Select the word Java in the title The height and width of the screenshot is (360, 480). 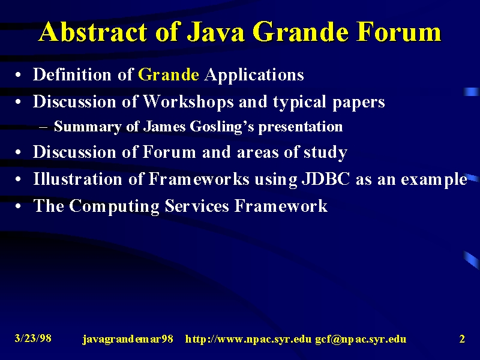(215, 32)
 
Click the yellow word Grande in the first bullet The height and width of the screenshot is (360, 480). (169, 74)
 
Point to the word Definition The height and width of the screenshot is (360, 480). (72, 74)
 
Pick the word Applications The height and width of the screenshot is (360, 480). (254, 75)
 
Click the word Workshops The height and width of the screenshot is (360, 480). (188, 101)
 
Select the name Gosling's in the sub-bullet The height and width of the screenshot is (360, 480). (222, 127)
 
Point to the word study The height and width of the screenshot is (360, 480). (325, 152)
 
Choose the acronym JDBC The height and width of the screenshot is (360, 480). (326, 179)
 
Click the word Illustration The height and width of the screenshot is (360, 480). (77, 179)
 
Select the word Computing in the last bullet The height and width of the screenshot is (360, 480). (114, 206)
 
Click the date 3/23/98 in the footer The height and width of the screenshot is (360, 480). (33, 338)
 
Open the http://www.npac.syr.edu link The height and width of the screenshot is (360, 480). (248, 339)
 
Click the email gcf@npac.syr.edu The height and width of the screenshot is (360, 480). (361, 339)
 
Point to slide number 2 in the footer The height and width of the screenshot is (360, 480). (462, 339)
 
